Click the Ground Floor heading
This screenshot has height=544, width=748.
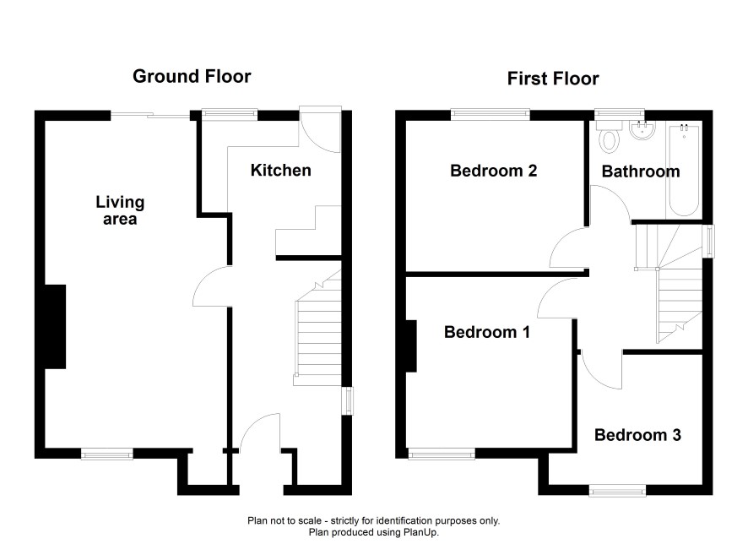[x=192, y=76]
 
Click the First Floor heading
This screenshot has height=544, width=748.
[x=553, y=79]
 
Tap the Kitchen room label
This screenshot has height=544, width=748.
[x=281, y=171]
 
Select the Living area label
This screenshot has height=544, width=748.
[x=120, y=210]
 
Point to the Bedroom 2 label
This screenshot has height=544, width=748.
[x=494, y=171]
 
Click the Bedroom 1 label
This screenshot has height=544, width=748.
[x=487, y=332]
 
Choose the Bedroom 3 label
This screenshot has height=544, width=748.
[x=637, y=435]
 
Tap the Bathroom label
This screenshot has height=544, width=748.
[x=641, y=171]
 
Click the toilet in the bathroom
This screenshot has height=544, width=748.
[x=610, y=137]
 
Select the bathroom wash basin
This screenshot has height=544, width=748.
[x=642, y=130]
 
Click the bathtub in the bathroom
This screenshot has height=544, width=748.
[x=684, y=171]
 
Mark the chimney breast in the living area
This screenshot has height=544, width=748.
[x=55, y=327]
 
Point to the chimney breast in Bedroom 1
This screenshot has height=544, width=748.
[x=411, y=346]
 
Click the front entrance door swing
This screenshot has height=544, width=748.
[x=260, y=432]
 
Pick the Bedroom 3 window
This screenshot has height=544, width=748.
[x=618, y=491]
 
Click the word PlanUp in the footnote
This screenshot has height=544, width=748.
[x=423, y=532]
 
